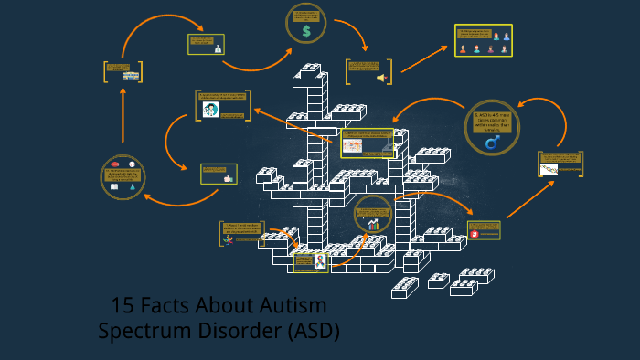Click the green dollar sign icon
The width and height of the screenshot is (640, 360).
(306, 31)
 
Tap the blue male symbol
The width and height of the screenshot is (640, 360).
(492, 143)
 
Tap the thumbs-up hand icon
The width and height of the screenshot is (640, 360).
(229, 178)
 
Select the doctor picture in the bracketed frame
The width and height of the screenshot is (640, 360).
(210, 111)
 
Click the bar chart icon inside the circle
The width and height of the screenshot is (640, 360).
(373, 224)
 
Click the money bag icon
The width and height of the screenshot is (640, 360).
(218, 49)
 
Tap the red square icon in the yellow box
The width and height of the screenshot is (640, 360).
(475, 234)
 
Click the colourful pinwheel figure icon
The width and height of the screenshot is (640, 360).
(229, 239)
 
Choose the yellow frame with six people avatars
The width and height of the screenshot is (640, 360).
(484, 41)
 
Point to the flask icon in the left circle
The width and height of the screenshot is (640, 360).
(133, 186)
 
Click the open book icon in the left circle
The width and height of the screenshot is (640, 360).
(114, 186)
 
